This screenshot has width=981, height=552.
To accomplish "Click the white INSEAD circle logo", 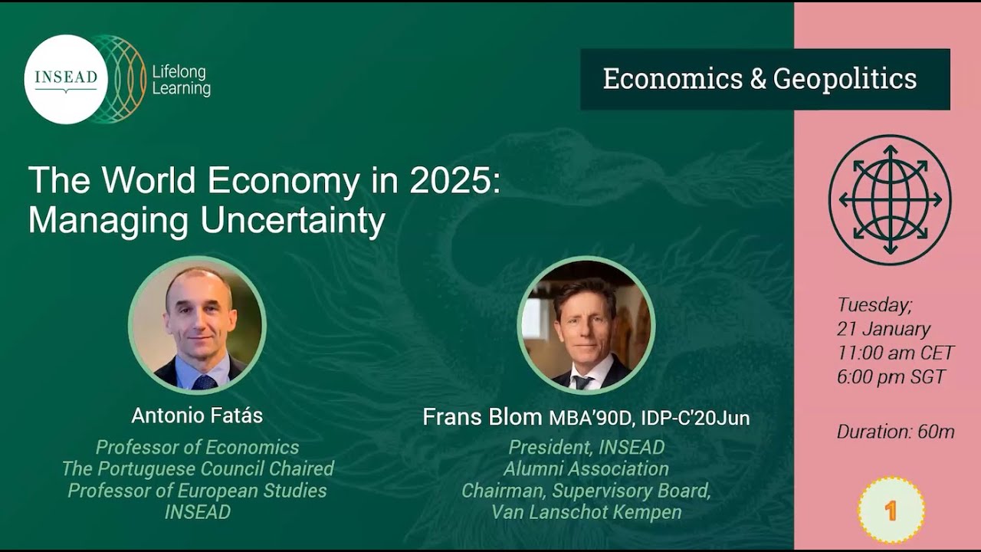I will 66,79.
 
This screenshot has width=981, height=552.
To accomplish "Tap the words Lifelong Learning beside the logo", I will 181,80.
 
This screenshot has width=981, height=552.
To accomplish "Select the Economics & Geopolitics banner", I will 764,79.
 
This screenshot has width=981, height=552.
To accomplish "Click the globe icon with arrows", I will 889,199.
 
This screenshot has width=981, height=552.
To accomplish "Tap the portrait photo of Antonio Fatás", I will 197,325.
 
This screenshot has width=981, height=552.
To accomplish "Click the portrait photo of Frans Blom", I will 586,325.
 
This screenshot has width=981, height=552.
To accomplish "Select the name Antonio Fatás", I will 197,416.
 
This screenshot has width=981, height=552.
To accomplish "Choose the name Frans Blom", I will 483,417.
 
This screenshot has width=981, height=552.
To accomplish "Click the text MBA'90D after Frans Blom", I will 590,418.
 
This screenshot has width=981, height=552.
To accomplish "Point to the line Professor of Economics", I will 197,447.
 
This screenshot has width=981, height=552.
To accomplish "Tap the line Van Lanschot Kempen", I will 586,512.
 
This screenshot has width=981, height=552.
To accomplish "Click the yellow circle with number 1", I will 891,511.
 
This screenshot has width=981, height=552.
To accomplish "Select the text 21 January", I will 883,329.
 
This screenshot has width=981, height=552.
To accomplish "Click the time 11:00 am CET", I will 895,353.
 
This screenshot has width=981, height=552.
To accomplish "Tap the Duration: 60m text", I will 895,432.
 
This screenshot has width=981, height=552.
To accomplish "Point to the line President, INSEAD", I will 586,447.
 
